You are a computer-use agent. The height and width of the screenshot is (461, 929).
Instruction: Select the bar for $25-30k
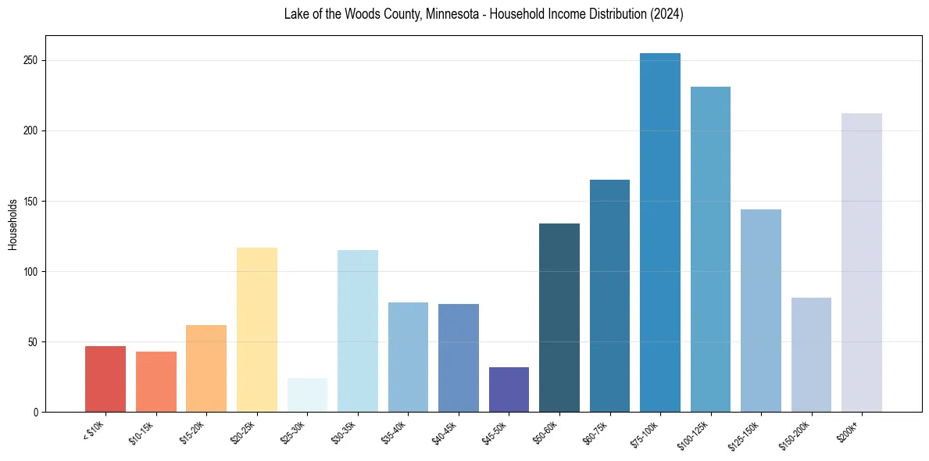[x=307, y=395]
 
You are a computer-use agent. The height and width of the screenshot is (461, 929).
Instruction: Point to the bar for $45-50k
[x=509, y=390]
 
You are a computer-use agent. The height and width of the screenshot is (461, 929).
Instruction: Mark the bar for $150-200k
[x=811, y=355]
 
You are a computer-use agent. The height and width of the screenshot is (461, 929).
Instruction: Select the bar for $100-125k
[x=710, y=249]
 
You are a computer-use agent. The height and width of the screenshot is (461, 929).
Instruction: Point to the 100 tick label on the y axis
[x=32, y=272]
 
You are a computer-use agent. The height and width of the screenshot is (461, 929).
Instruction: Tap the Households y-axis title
[x=13, y=224]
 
